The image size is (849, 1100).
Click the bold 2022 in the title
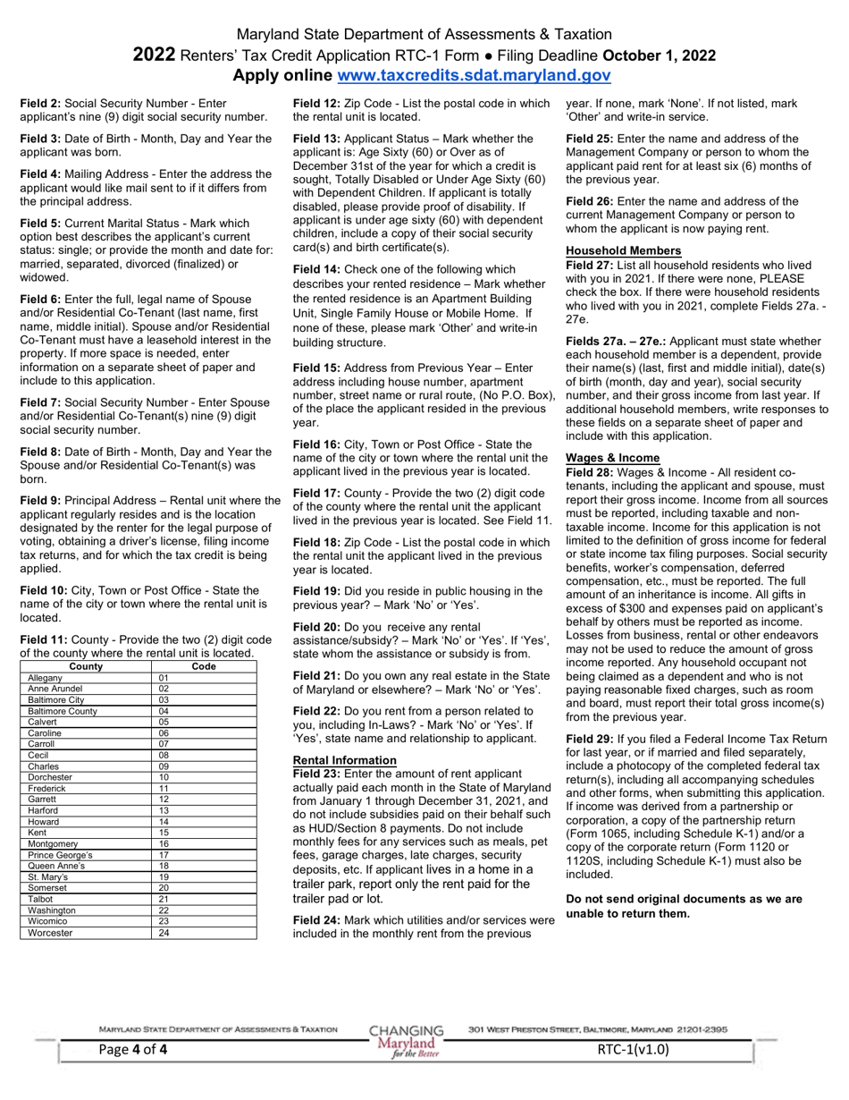click(x=154, y=55)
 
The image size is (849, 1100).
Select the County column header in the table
click(x=85, y=666)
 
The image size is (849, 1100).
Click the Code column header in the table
click(x=205, y=666)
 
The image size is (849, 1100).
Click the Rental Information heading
click(x=345, y=760)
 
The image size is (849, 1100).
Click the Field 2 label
click(x=40, y=104)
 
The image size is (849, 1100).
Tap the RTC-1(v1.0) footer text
click(x=633, y=1050)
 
